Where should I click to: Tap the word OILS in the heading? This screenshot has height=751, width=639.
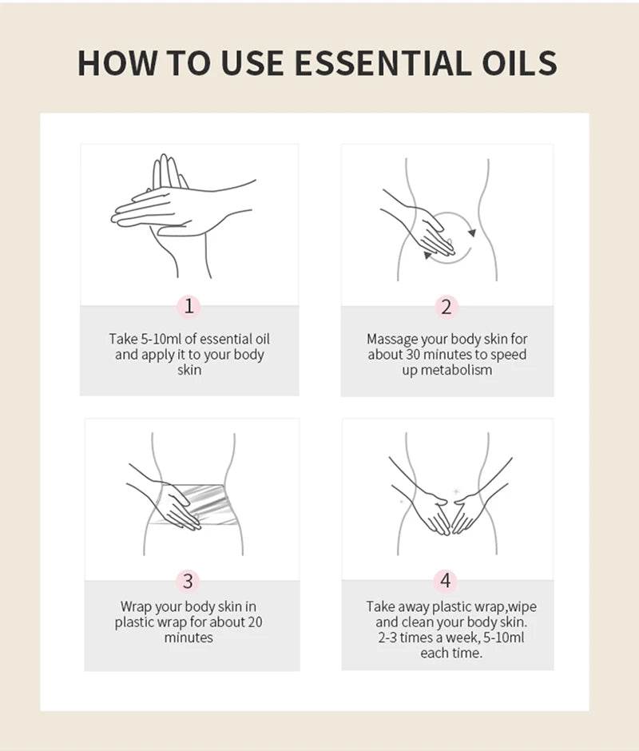[x=519, y=63]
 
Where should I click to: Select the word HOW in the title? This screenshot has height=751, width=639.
[x=117, y=63]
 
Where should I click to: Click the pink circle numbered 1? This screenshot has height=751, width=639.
[x=189, y=306]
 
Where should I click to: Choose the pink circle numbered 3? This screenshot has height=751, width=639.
[x=189, y=581]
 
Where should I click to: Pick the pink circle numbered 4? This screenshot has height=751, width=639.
[x=446, y=581]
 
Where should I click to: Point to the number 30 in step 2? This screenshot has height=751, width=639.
[x=414, y=355]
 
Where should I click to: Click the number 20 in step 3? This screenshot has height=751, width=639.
[x=255, y=622]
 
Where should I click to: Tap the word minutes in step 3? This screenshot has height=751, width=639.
[x=189, y=638]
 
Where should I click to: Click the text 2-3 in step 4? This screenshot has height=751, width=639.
[x=387, y=638]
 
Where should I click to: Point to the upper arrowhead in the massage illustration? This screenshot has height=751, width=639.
[x=472, y=232]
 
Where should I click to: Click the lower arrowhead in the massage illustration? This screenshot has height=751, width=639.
[x=427, y=256]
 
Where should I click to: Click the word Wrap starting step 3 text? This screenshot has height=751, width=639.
[x=136, y=607]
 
